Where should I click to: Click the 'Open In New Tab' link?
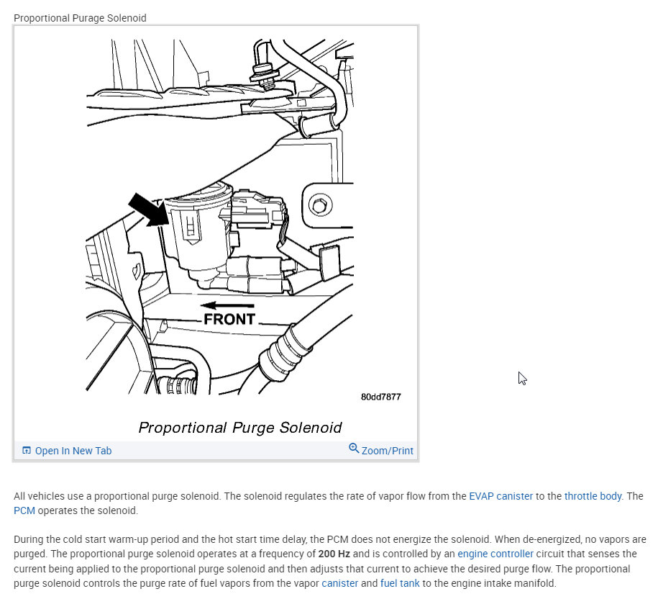pyautogui.click(x=73, y=451)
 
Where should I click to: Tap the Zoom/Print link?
pyautogui.click(x=387, y=451)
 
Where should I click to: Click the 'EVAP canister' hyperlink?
pyautogui.click(x=501, y=496)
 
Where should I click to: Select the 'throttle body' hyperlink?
pyautogui.click(x=593, y=496)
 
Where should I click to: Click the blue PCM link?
pyautogui.click(x=24, y=510)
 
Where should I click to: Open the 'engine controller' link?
pyautogui.click(x=495, y=554)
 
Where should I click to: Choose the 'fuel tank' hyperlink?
pyautogui.click(x=400, y=583)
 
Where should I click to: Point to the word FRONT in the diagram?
pyautogui.click(x=229, y=319)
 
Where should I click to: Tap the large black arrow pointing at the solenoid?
pyautogui.click(x=146, y=209)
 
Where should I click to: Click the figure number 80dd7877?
pyautogui.click(x=380, y=397)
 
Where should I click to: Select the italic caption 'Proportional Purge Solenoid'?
pyautogui.click(x=239, y=428)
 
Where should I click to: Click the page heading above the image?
pyautogui.click(x=80, y=18)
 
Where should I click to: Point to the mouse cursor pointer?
pyautogui.click(x=522, y=378)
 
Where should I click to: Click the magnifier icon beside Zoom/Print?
pyautogui.click(x=354, y=449)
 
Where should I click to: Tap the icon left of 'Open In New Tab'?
pyautogui.click(x=27, y=451)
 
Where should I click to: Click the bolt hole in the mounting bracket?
pyautogui.click(x=319, y=206)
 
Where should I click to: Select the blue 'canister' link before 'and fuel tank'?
pyautogui.click(x=339, y=583)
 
